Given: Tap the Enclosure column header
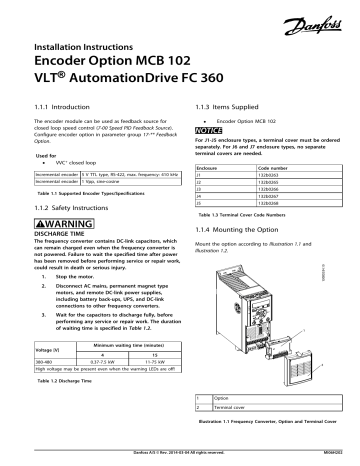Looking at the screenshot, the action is click(x=211, y=171).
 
